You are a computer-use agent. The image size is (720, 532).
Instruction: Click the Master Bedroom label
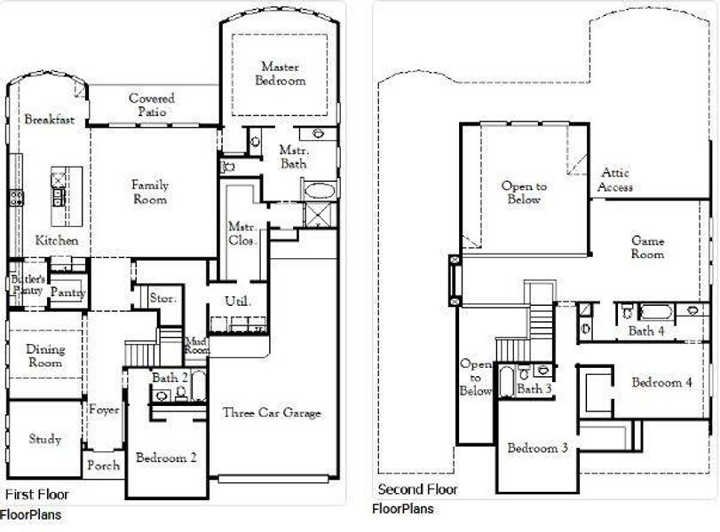pyautogui.click(x=282, y=74)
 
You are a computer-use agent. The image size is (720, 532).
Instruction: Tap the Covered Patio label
pyautogui.click(x=152, y=106)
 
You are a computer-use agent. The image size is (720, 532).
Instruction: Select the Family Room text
pyautogui.click(x=149, y=192)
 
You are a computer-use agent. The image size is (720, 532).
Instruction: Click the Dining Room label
pyautogui.click(x=44, y=356)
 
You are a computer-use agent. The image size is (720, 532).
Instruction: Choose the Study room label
pyautogui.click(x=44, y=438)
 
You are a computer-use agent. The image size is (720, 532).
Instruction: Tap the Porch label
pyautogui.click(x=103, y=465)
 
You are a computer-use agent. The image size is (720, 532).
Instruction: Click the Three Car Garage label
pyautogui.click(x=272, y=412)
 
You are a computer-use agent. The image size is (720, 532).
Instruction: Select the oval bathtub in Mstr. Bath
pyautogui.click(x=320, y=190)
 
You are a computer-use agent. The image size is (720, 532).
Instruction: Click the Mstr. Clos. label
pyautogui.click(x=242, y=233)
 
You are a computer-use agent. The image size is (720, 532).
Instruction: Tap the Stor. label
pyautogui.click(x=162, y=299)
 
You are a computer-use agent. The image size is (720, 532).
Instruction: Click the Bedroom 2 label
pyautogui.click(x=166, y=458)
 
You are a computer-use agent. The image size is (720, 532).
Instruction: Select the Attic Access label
pyautogui.click(x=615, y=180)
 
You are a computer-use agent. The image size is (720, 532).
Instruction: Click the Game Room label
pyautogui.click(x=647, y=247)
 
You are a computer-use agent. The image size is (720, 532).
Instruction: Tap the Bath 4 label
pyautogui.click(x=646, y=331)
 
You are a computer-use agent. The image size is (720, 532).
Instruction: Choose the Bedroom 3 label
pyautogui.click(x=537, y=448)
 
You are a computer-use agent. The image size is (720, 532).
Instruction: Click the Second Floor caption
pyautogui.click(x=417, y=489)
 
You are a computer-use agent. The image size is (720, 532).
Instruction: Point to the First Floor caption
pyautogui.click(x=36, y=495)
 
